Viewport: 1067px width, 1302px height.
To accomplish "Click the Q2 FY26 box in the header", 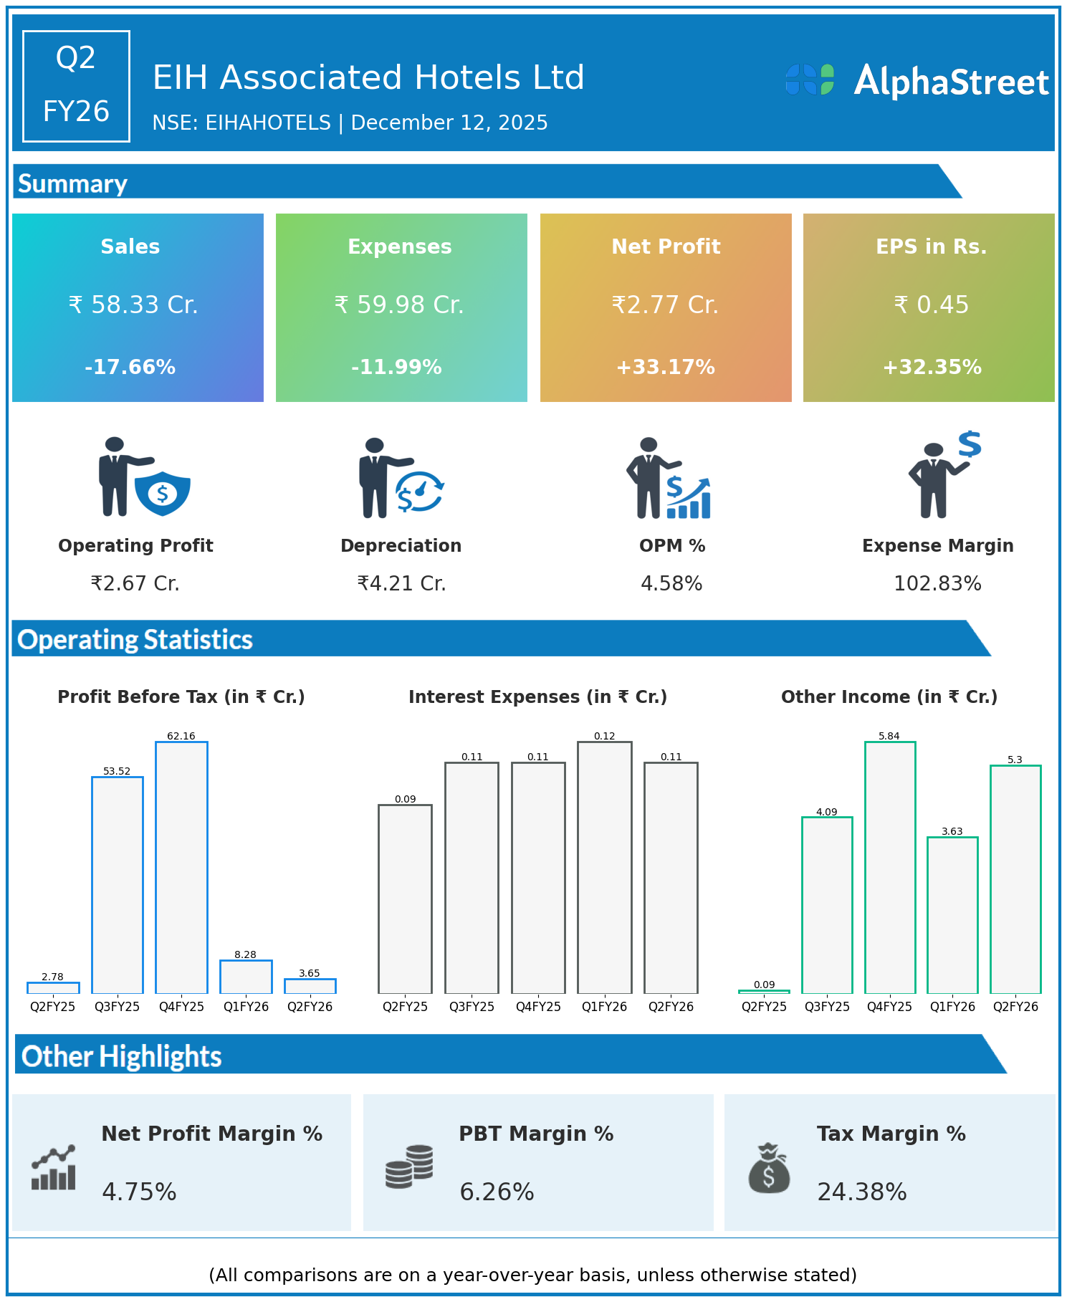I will click(76, 86).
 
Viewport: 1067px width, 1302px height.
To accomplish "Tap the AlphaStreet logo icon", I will click(810, 80).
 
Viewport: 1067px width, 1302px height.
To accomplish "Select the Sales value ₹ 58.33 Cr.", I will click(133, 305).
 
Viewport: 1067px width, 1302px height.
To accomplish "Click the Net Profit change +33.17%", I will click(666, 368).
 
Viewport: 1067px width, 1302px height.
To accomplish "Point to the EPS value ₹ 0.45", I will click(931, 305).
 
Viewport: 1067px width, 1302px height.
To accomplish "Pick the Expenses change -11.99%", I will click(396, 368).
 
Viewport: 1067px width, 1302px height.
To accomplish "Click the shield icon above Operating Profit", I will click(163, 493).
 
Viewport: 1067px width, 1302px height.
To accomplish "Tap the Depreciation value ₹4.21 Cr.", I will click(401, 584).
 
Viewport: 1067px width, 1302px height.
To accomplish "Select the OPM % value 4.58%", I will click(671, 584).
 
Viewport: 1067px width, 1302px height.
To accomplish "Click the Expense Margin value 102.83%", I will click(937, 584).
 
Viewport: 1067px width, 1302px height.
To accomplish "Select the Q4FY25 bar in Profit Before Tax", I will click(181, 867).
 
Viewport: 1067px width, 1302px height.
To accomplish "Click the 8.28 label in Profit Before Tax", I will click(245, 954).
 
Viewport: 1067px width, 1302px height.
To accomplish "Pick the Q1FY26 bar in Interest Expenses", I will click(605, 867).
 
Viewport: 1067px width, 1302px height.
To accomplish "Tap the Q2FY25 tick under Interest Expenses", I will click(405, 1007).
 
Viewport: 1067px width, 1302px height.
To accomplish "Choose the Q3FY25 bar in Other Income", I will click(827, 905).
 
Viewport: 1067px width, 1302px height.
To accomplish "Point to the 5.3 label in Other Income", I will click(1015, 760).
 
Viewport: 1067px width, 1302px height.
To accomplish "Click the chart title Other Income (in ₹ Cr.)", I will click(889, 697).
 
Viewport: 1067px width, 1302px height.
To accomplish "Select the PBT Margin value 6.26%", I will click(497, 1192).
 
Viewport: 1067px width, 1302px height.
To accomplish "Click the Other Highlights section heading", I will click(122, 1057).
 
